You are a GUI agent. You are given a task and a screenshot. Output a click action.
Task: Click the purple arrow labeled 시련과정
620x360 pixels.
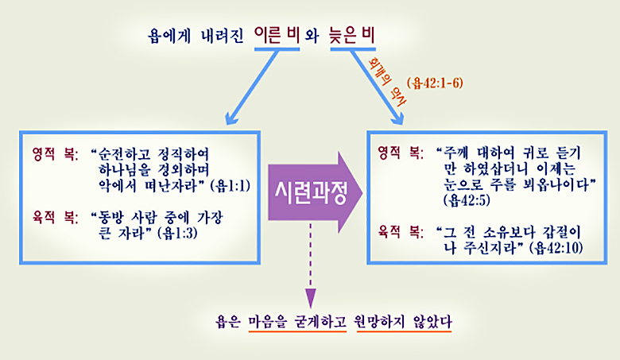coord(315,192)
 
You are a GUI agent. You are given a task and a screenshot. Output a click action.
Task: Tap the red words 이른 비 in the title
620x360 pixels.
coord(277,35)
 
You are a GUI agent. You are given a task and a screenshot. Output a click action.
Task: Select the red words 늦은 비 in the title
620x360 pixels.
coord(352,35)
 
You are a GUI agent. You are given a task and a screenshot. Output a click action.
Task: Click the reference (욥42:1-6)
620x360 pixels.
coord(435,83)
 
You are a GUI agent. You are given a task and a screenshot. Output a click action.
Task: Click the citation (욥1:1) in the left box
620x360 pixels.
coord(231,186)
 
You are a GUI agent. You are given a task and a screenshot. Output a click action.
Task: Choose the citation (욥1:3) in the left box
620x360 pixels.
coord(177,233)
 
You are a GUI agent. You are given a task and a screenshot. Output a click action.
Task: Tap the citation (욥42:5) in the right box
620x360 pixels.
coord(467,200)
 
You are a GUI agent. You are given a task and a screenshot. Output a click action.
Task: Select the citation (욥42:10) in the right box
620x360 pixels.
coord(558,248)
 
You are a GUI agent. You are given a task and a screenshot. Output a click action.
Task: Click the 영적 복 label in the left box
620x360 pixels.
coord(56,154)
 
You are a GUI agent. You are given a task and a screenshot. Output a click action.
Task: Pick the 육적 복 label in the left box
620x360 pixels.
coord(56,217)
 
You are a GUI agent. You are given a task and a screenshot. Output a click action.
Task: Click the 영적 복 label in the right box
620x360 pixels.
coord(401,153)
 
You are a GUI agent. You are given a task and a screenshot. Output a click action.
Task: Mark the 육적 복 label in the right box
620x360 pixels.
coord(401,231)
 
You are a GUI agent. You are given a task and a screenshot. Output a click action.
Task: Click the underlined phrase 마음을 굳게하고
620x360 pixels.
coord(297,322)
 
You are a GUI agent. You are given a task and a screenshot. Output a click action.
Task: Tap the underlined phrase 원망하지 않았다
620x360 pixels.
coord(404,322)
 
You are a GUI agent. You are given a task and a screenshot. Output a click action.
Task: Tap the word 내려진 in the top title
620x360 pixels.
coord(223,36)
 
